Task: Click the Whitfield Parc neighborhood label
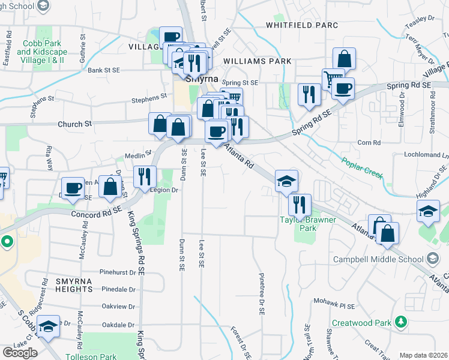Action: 302,25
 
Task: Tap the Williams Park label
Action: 257,61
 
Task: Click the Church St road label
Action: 74,124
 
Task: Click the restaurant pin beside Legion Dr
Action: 145,176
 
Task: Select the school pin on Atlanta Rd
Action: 287,181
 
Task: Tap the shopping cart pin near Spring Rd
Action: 332,79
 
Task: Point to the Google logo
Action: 20,353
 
